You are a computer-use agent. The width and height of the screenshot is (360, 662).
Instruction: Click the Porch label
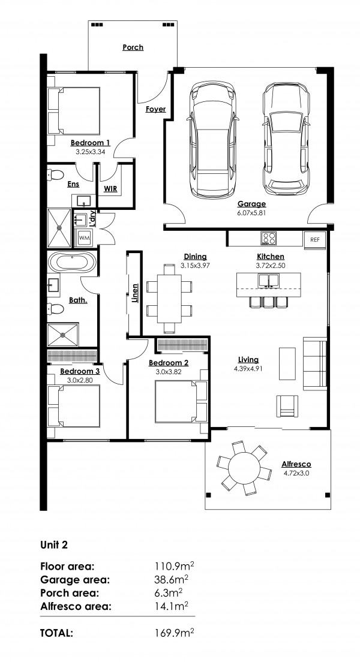pos(133,47)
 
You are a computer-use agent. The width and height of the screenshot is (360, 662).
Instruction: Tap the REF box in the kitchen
pos(315,239)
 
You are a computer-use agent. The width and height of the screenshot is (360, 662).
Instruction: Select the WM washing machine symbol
pos(84,238)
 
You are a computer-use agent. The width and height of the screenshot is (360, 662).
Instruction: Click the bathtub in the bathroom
pos(71,262)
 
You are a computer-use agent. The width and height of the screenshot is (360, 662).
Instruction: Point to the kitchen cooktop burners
pos(269,238)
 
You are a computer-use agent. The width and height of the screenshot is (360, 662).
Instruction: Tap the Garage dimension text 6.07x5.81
pos(251,213)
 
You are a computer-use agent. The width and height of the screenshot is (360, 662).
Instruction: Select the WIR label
pos(110,189)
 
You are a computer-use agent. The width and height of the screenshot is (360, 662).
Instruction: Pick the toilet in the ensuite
pos(55,174)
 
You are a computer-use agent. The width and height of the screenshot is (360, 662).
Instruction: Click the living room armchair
pos(287,405)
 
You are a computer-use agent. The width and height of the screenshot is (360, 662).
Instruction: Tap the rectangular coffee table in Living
pos(287,363)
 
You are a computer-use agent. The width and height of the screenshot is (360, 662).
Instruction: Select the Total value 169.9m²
pos(175,633)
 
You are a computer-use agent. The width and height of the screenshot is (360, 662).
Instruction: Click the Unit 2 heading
pos(53,545)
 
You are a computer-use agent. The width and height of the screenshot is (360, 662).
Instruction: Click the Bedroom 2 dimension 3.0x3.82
pos(168,372)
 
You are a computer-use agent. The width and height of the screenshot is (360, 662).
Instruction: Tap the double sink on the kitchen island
pos(268,280)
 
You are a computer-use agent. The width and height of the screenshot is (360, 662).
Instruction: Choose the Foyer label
pos(155,109)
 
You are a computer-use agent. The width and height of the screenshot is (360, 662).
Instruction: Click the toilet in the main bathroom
pos(55,309)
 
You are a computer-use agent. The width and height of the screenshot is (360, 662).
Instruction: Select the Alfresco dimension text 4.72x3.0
pos(296,473)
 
